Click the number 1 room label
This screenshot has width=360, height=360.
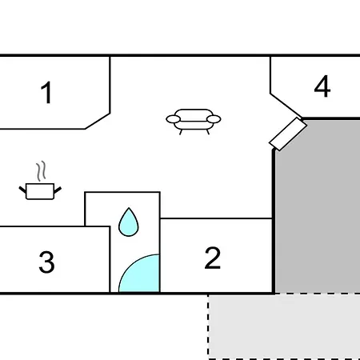tap(46, 92)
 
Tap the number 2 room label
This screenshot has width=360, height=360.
tap(213, 258)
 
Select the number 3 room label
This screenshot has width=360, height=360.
tap(46, 262)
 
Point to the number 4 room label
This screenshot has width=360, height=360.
tap(322, 86)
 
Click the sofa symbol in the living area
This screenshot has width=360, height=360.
tap(194, 122)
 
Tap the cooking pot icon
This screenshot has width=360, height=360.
tap(40, 191)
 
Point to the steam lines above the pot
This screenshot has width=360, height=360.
tap(41, 171)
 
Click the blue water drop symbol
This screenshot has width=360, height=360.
tap(129, 222)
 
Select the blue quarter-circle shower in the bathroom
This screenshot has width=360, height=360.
tap(139, 274)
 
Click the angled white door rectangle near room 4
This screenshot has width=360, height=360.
tap(288, 134)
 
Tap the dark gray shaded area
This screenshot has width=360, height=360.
tap(318, 206)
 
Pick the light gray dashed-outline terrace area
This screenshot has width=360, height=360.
tap(284, 326)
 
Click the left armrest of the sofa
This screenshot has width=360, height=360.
tap(174, 119)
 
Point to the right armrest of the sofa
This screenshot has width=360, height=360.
tap(214, 119)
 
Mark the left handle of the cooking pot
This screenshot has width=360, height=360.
tap(22, 190)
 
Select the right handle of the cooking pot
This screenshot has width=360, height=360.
tap(58, 190)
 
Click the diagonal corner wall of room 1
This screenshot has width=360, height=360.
tap(98, 121)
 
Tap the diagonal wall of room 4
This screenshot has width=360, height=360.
tap(286, 106)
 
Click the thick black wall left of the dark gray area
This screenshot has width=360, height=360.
tap(274, 222)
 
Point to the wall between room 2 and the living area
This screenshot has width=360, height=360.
tap(216, 218)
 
